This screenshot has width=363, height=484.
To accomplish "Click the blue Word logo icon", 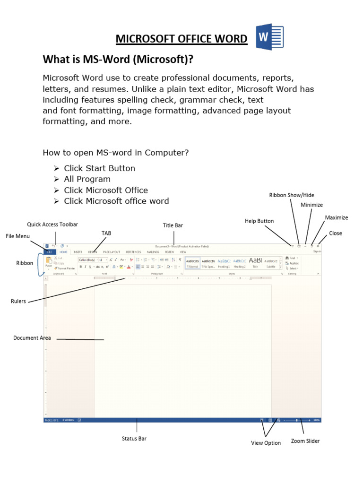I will tap(270, 38).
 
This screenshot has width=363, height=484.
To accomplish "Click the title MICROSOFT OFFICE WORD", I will tap(181, 39).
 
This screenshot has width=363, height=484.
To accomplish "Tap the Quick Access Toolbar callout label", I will tap(52, 225).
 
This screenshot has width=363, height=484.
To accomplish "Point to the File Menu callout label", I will tap(17, 236).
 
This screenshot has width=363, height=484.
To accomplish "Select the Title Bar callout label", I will tap(173, 225).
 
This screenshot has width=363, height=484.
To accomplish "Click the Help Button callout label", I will tap(259, 221).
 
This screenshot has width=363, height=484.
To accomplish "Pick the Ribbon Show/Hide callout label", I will tap(292, 195).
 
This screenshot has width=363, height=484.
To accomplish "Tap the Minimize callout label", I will tap(312, 205).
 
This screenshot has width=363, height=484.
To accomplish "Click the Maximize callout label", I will tap(337, 217).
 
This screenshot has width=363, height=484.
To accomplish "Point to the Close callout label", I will tap(336, 233).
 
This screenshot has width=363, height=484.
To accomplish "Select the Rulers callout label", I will tap(18, 301).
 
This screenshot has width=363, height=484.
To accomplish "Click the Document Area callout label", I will tap(32, 338).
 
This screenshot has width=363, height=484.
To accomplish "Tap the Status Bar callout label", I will tap(134, 439).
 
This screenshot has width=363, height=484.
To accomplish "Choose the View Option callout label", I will tap(266, 443).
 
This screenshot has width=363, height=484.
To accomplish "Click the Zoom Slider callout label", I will tap(305, 441).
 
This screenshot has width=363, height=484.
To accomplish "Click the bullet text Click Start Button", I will tap(99, 168).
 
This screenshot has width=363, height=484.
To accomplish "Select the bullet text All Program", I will tap(87, 179).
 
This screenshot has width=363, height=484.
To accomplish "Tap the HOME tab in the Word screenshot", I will tap(63, 252).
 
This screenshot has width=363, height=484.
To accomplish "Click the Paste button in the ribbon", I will tap(48, 262).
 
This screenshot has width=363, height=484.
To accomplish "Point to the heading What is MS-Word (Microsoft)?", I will tap(118, 60).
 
